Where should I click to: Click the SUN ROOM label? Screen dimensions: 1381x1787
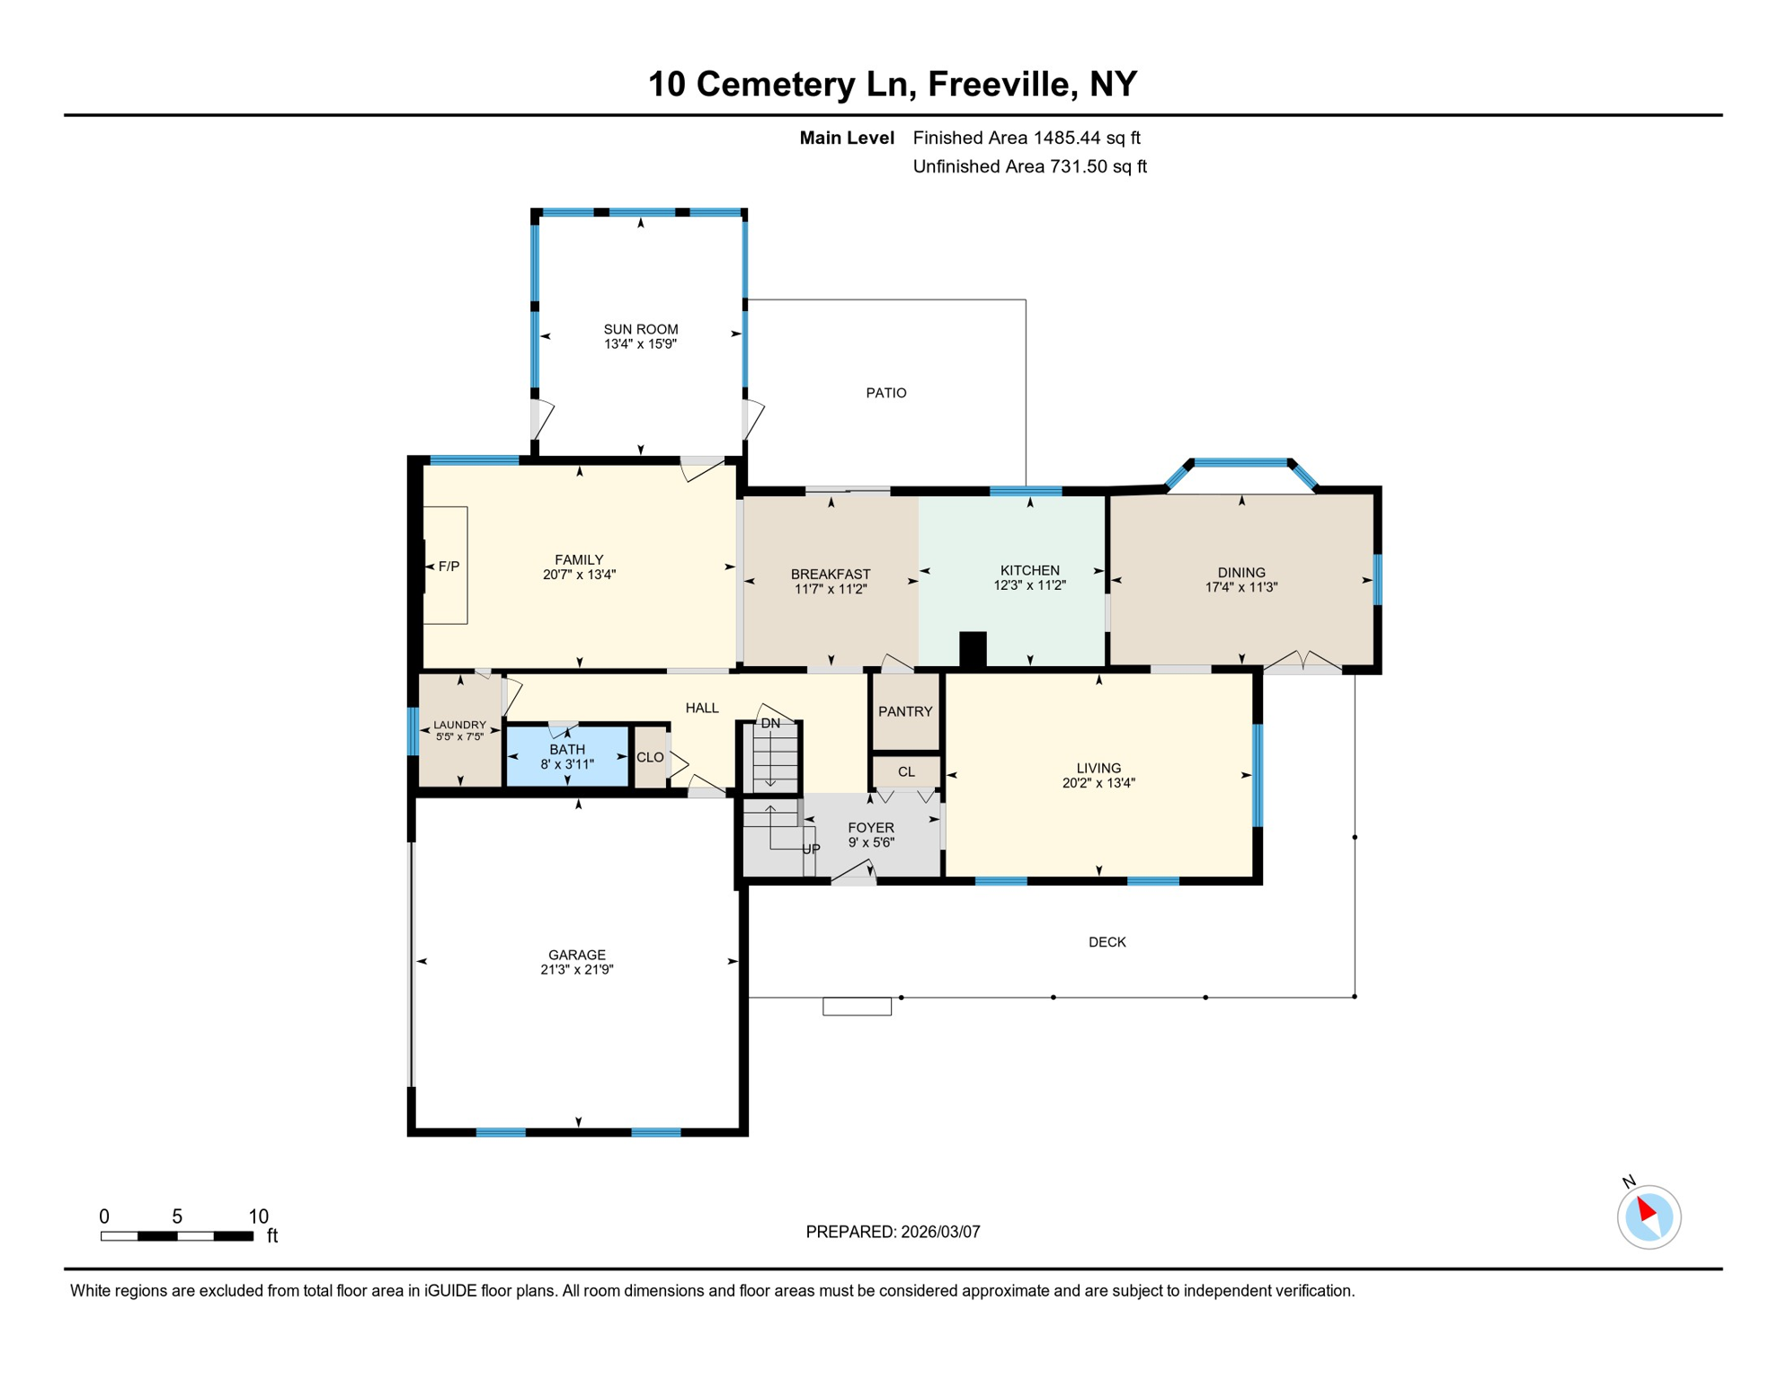point(640,329)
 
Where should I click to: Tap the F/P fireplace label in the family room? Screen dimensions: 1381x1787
point(449,566)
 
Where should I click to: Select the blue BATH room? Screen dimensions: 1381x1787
point(566,756)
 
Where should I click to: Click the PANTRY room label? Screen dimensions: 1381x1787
point(904,711)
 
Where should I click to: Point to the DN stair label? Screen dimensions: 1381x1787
point(770,723)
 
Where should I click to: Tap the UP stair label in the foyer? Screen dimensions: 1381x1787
point(811,849)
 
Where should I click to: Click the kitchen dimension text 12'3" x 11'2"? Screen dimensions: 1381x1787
point(1029,585)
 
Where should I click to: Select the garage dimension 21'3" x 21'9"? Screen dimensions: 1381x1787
point(576,969)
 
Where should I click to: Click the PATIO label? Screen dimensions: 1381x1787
point(885,393)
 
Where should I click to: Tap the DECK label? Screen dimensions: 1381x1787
point(1107,942)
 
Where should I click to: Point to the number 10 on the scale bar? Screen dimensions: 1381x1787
point(258,1216)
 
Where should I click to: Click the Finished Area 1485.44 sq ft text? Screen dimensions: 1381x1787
point(1026,138)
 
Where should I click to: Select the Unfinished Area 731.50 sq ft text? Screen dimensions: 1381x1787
point(1029,166)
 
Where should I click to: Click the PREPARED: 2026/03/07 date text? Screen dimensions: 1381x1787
point(893,1232)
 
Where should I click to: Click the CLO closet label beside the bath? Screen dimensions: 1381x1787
point(650,757)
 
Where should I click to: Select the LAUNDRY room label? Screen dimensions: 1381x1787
point(459,725)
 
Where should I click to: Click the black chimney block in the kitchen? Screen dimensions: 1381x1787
point(973,649)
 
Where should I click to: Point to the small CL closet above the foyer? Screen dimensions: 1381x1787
point(906,771)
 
